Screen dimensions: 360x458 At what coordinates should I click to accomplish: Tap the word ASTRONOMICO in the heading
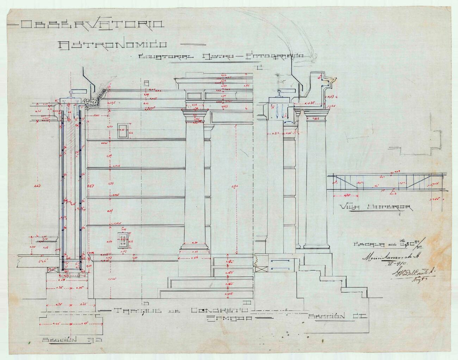pos(112,45)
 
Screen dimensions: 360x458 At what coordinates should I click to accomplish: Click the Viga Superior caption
pos(375,207)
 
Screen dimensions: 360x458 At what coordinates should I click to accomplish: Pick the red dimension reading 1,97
pos(90,186)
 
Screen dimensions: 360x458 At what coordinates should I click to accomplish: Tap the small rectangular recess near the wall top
pos(123,131)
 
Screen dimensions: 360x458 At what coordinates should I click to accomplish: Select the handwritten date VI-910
pos(397,264)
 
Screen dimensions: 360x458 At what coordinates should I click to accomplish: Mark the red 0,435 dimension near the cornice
pos(310,103)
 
